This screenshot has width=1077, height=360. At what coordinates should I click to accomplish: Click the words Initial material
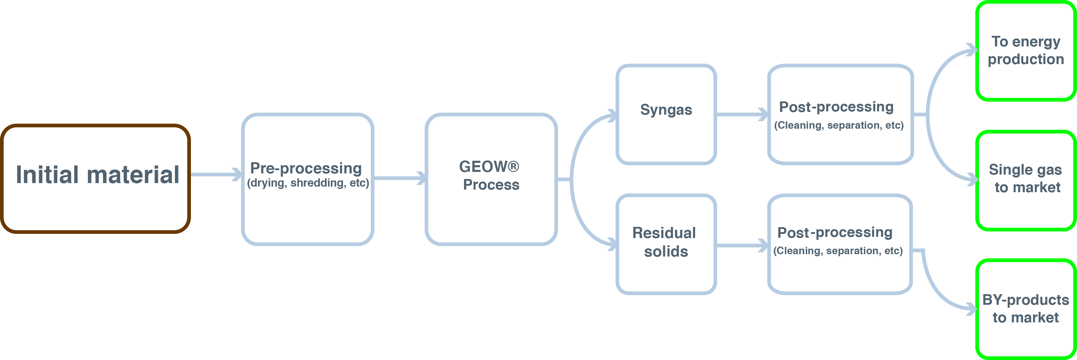click(98, 175)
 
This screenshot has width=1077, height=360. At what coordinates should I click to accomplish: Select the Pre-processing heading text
click(306, 168)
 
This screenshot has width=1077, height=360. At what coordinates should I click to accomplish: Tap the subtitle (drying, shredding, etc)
click(308, 183)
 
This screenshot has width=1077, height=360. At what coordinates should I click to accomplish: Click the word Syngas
click(666, 110)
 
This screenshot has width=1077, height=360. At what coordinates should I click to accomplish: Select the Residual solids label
click(665, 242)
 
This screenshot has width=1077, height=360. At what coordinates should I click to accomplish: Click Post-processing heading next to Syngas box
click(836, 107)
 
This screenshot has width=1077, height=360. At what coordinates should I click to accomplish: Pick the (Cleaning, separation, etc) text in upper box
click(839, 125)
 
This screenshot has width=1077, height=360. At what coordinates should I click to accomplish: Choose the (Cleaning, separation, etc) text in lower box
click(838, 251)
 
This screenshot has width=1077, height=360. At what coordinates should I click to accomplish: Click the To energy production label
click(1026, 51)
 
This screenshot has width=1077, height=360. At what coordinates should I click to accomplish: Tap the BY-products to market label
click(1026, 309)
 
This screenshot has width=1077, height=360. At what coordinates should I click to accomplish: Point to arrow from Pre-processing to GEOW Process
click(399, 179)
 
